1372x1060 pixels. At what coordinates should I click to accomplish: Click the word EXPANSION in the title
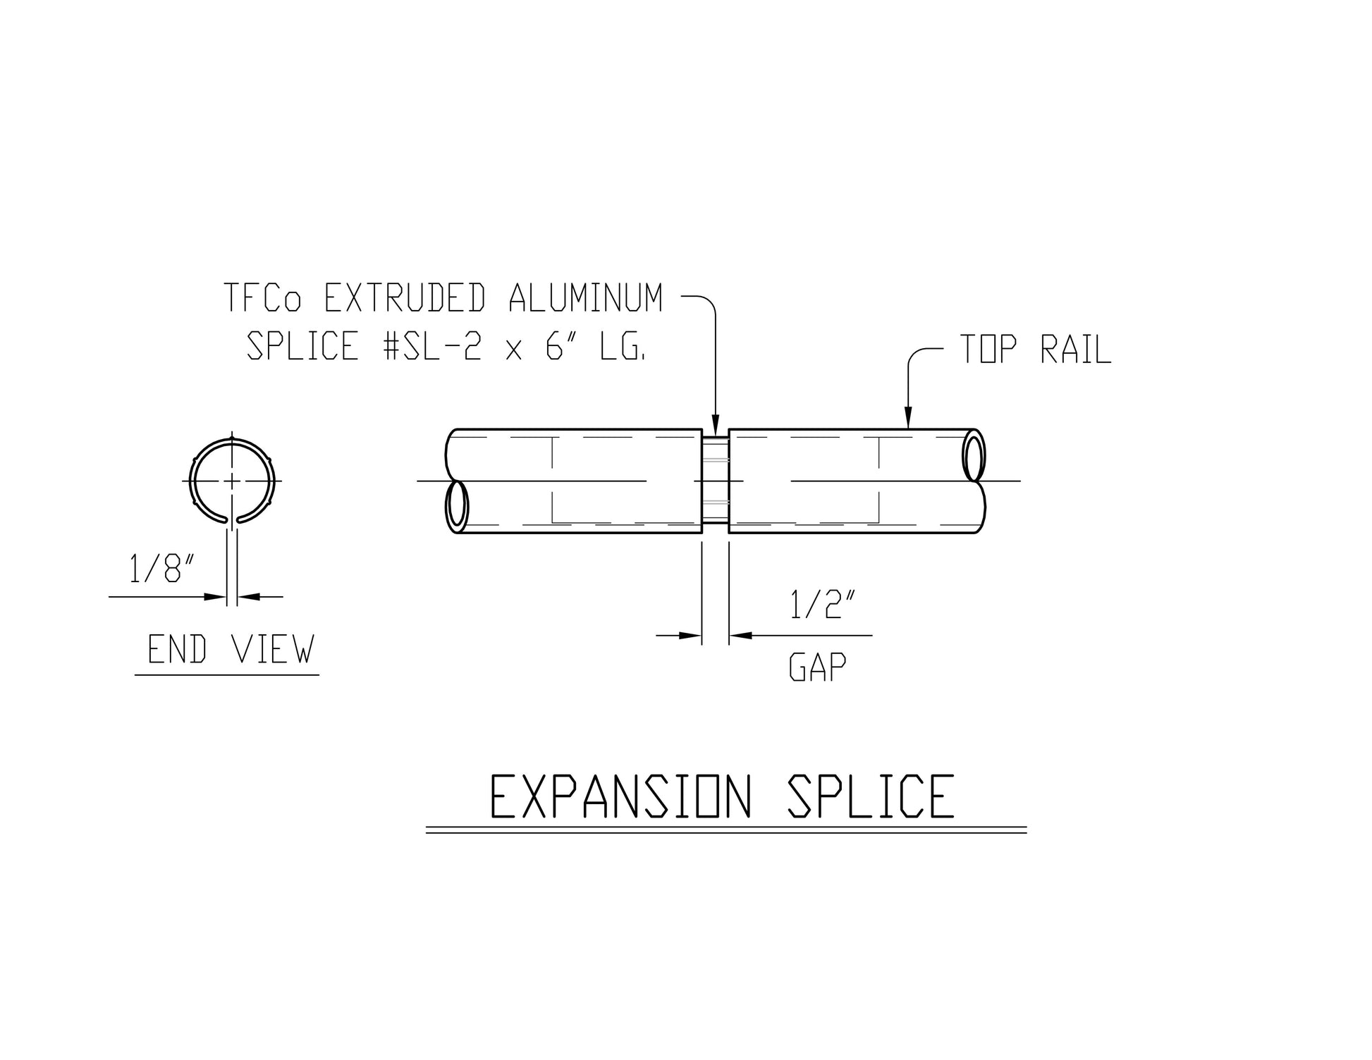click(620, 796)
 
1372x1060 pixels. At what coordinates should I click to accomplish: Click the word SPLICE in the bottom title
click(870, 796)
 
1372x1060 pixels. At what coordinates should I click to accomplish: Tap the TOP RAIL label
click(1035, 350)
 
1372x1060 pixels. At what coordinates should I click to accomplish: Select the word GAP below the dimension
click(817, 667)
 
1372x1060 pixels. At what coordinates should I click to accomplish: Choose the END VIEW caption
click(230, 649)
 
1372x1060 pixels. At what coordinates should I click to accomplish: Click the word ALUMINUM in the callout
click(586, 298)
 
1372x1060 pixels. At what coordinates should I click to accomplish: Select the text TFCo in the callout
click(262, 298)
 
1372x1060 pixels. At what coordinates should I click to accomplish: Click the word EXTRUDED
click(404, 298)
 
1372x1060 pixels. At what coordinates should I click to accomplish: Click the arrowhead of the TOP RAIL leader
click(908, 421)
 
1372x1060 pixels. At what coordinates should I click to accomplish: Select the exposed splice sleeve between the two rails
click(715, 481)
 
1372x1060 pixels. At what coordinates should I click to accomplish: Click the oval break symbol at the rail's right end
click(974, 457)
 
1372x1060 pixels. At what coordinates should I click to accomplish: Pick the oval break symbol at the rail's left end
click(457, 506)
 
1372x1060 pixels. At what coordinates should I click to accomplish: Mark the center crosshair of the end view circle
click(232, 481)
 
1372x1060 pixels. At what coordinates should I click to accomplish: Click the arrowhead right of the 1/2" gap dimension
click(739, 636)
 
